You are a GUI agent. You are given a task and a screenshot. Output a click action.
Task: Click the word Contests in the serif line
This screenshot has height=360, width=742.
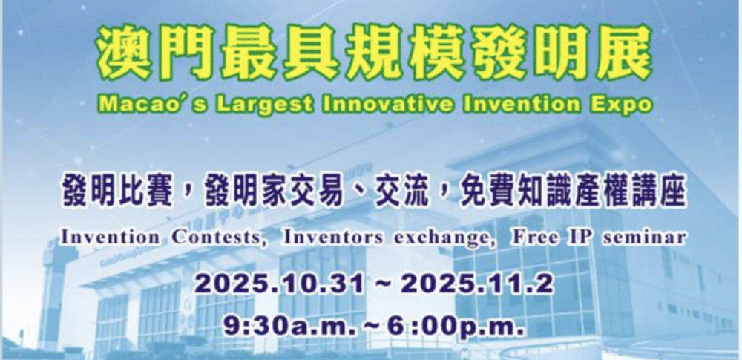(x=216, y=238)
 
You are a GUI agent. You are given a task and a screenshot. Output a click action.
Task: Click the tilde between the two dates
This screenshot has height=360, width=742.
(x=384, y=286)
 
